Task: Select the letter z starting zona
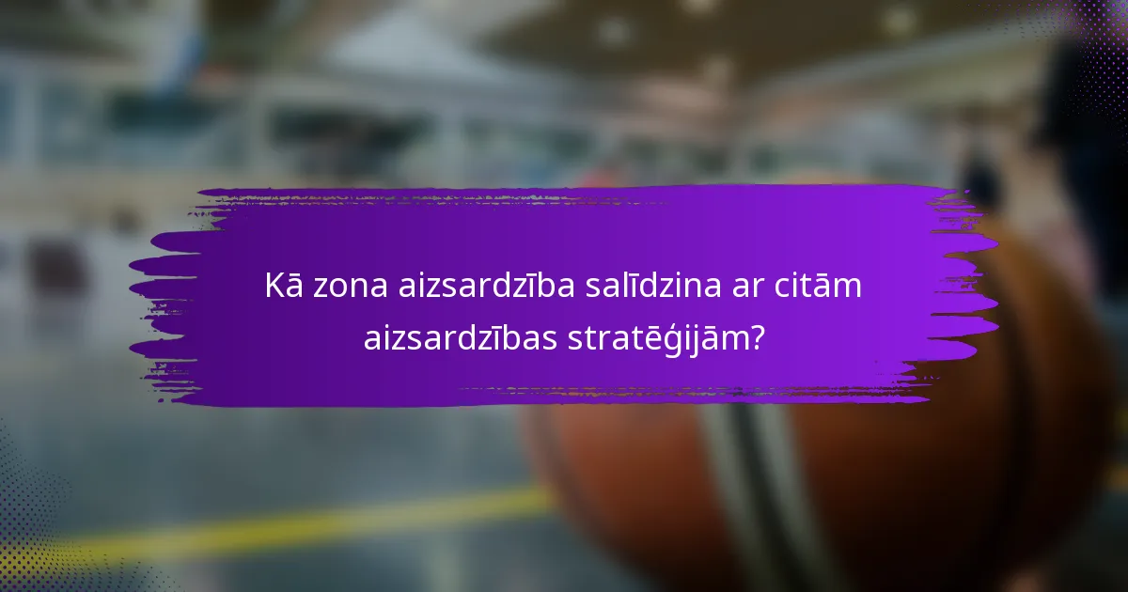tap(320, 288)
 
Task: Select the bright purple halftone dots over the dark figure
tap(1090, 56)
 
